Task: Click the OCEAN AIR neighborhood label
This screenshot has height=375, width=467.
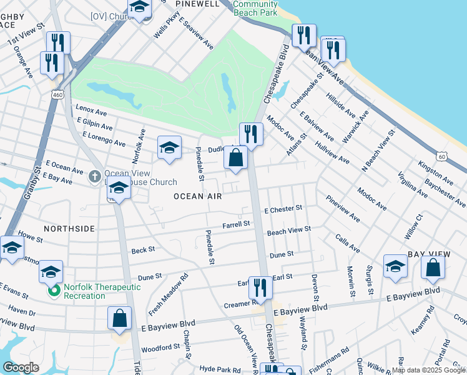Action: pos(197,196)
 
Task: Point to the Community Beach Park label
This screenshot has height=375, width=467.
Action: pos(255,8)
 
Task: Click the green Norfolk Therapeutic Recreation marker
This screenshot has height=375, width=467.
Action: pos(55,291)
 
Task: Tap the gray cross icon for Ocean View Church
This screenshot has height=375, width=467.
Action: pos(94,177)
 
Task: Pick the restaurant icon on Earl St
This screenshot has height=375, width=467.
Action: pos(260,287)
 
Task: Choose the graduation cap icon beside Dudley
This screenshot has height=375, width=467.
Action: pos(169,147)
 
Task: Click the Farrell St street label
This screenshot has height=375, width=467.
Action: pos(237,224)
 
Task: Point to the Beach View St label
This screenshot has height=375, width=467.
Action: pos(288,231)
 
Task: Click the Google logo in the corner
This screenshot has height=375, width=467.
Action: pos(21,367)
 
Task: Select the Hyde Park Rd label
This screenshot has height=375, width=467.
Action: pos(219,370)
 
